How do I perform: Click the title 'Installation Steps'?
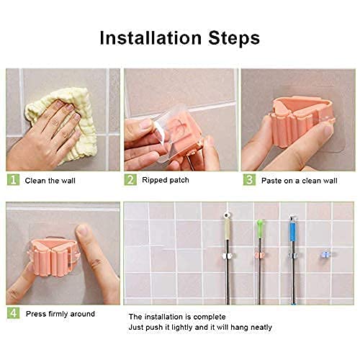pos(179,37)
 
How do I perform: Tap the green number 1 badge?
pos(12,180)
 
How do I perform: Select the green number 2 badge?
pos(130,180)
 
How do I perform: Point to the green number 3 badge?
pos(248,180)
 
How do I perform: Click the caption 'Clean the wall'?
pos(50,180)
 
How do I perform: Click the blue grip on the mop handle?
pos(293,230)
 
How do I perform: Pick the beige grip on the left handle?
pos(227,230)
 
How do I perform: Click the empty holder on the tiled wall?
pos(326,254)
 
